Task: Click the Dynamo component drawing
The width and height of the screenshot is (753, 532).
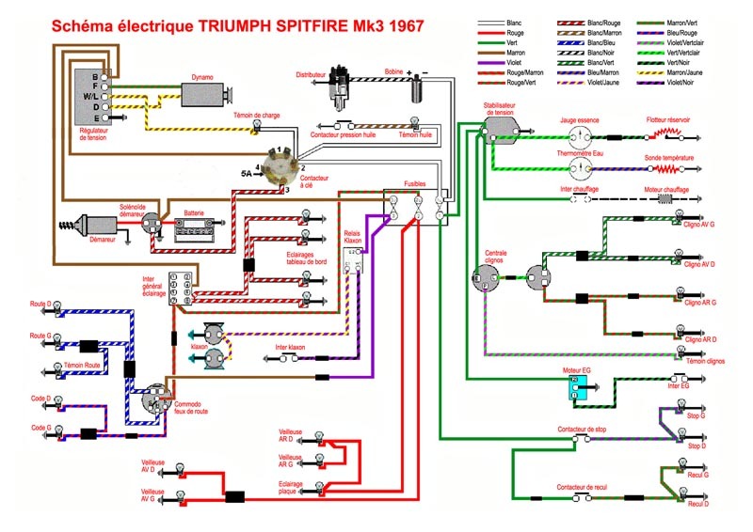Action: point(208,94)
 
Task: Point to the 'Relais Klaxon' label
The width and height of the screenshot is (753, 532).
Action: point(351,236)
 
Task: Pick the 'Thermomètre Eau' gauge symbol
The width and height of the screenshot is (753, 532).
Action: point(581,167)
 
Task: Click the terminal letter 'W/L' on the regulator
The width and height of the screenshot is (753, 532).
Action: point(90,96)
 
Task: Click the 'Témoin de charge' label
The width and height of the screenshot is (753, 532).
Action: point(257,116)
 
